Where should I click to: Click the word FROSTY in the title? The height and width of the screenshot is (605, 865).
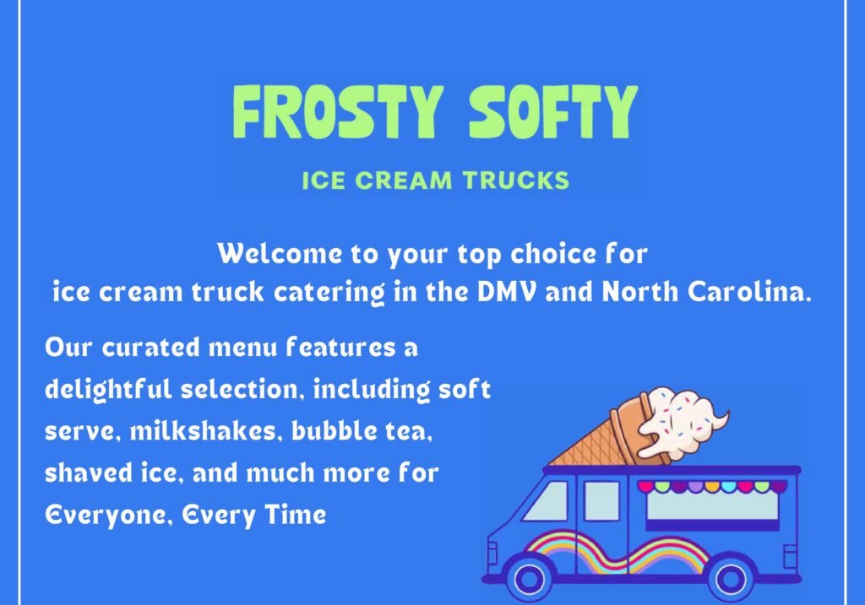(338, 112)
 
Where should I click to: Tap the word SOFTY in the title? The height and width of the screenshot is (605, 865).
(553, 112)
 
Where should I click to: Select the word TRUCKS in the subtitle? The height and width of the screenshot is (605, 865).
(516, 181)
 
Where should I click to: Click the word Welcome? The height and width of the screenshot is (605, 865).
(280, 254)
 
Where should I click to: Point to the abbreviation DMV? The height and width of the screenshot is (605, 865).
(506, 291)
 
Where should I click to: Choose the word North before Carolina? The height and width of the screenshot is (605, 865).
(640, 291)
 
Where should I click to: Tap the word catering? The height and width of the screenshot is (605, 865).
(329, 292)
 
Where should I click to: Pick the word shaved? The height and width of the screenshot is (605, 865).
(88, 473)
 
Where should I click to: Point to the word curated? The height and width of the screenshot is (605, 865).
(150, 348)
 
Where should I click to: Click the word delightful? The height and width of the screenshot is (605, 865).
(108, 390)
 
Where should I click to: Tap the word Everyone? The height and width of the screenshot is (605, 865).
(108, 516)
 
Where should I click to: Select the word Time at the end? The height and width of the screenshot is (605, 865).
(295, 515)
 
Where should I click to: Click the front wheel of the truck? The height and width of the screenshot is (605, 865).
(529, 579)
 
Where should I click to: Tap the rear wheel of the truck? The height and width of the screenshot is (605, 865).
(731, 579)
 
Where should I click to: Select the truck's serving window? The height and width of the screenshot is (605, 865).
(711, 505)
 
